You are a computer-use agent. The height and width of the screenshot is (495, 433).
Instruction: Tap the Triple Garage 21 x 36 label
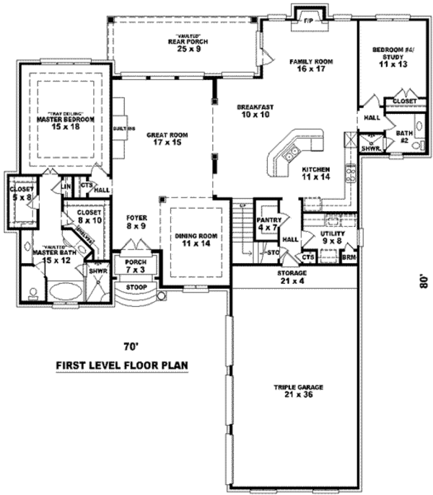click(297, 391)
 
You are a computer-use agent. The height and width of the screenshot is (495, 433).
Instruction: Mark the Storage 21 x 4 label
click(293, 277)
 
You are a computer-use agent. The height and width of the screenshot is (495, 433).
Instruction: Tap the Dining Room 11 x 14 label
click(191, 239)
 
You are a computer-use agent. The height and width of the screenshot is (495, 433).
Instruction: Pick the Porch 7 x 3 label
click(135, 266)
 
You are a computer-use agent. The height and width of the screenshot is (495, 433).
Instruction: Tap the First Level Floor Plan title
click(122, 365)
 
